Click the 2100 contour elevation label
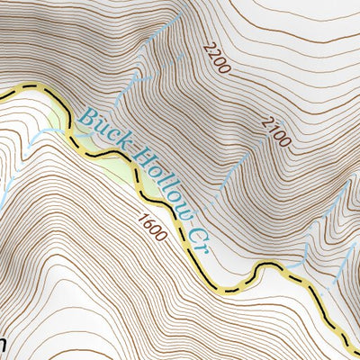275,131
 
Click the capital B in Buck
85,114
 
